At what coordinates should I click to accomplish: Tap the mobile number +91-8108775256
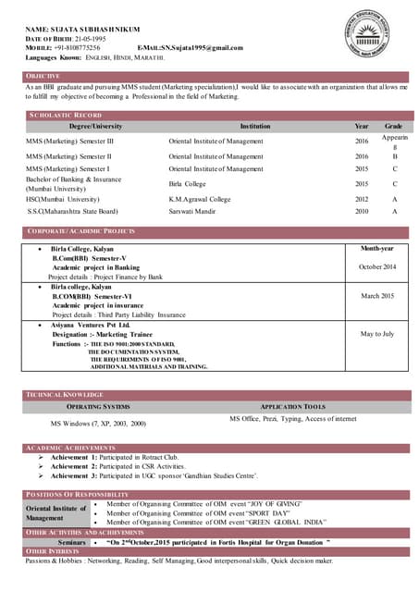(78, 46)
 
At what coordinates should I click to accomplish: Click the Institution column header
(255, 125)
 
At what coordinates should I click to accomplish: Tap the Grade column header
(393, 125)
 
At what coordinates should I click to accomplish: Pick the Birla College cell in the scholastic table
(189, 184)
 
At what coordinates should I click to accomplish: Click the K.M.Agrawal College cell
(200, 199)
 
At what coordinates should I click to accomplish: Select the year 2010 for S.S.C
(361, 212)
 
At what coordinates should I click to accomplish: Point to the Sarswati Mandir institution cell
(195, 212)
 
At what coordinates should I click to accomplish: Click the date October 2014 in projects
(376, 266)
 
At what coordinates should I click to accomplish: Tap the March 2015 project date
(376, 295)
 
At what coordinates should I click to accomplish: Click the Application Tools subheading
(291, 407)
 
